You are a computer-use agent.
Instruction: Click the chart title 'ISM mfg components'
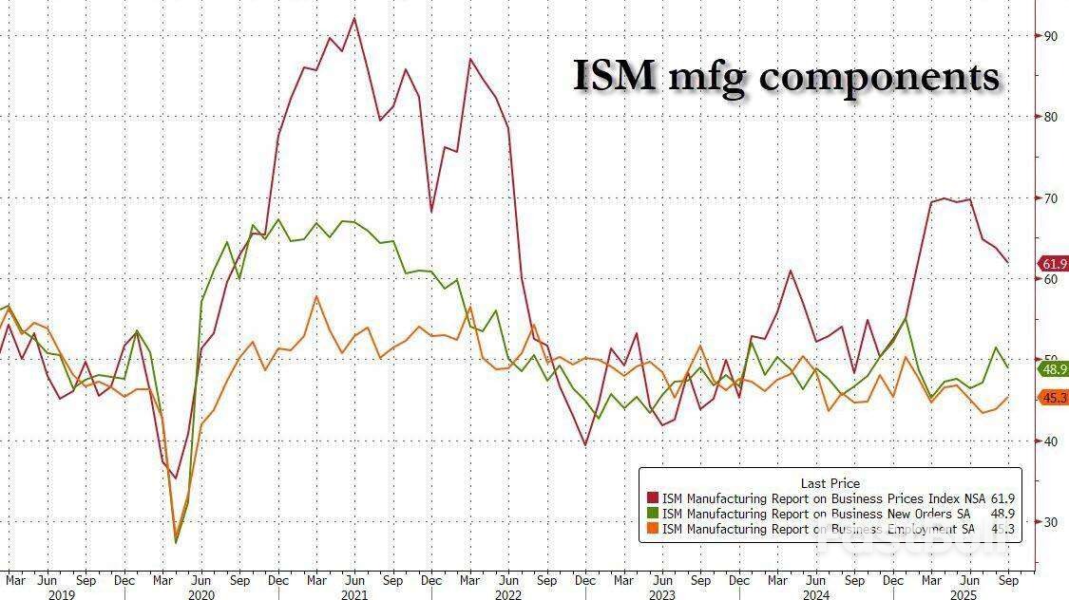(x=786, y=76)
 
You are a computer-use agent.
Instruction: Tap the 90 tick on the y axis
(x=1051, y=36)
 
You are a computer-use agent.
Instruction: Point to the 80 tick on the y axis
(x=1051, y=117)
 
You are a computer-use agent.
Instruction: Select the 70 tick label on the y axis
(x=1051, y=198)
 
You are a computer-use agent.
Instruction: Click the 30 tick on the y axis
(x=1051, y=522)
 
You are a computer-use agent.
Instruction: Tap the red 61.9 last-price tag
(x=1054, y=264)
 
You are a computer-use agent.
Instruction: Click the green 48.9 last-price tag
(x=1054, y=369)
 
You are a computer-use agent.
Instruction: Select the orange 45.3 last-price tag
(x=1054, y=398)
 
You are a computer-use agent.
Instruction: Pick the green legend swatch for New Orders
(x=652, y=514)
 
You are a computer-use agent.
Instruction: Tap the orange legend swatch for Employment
(x=652, y=529)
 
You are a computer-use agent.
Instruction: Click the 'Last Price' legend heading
(x=830, y=483)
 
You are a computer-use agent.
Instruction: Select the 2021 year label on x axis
(x=353, y=594)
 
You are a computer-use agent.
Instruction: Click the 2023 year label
(x=661, y=594)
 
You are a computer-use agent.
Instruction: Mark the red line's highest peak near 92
(x=354, y=17)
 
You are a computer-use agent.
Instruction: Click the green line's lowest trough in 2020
(x=176, y=542)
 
